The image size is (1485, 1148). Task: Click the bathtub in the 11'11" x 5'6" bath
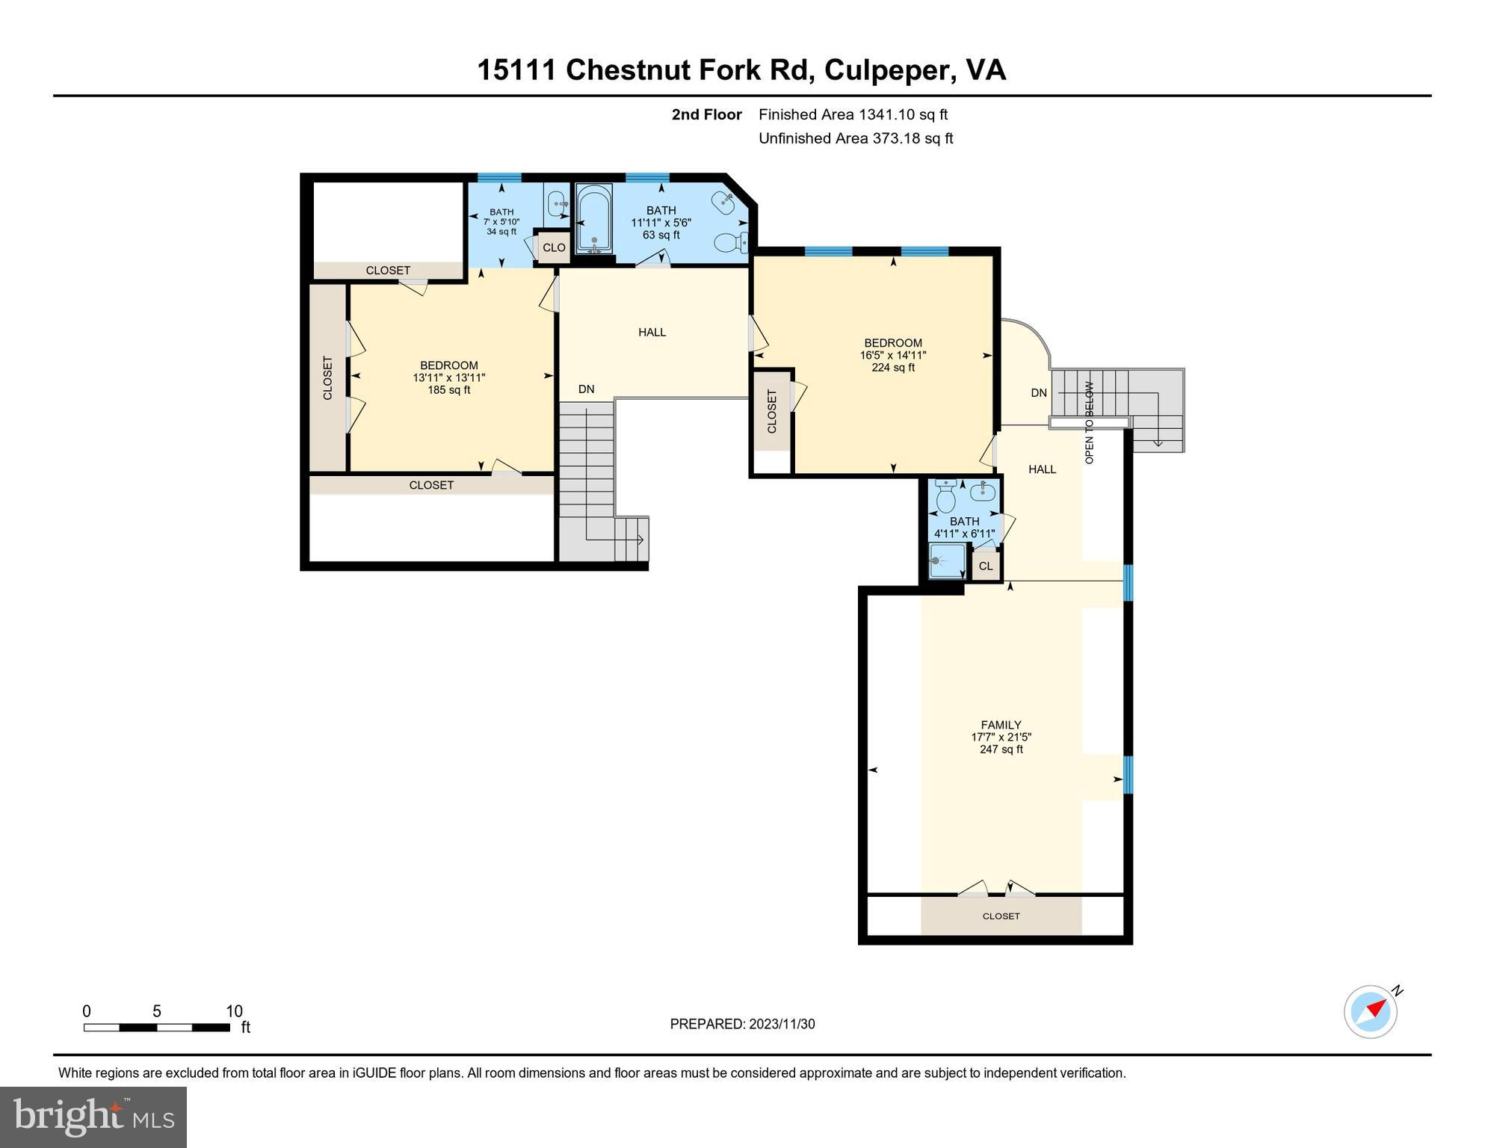tap(594, 219)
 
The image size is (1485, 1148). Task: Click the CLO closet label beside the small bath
tap(554, 247)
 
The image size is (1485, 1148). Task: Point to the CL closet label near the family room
tap(986, 566)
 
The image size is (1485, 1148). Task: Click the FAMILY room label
tap(1001, 725)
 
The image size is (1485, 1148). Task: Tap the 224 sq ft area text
tap(893, 368)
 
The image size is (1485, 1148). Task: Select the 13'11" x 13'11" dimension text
tap(449, 378)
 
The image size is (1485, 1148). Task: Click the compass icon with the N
tap(1371, 1012)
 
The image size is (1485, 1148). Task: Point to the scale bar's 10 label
tap(234, 1011)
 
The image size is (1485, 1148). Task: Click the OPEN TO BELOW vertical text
tap(1089, 423)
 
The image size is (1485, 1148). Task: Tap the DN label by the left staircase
tap(586, 389)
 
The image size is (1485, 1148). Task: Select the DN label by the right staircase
tap(1039, 392)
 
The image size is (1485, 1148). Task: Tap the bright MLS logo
tap(93, 1117)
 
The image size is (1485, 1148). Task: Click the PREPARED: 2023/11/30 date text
tap(742, 1024)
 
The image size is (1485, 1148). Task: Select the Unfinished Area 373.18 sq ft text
tap(856, 138)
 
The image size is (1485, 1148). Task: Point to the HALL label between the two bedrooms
tap(652, 332)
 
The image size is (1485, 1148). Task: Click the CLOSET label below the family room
tap(1001, 916)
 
